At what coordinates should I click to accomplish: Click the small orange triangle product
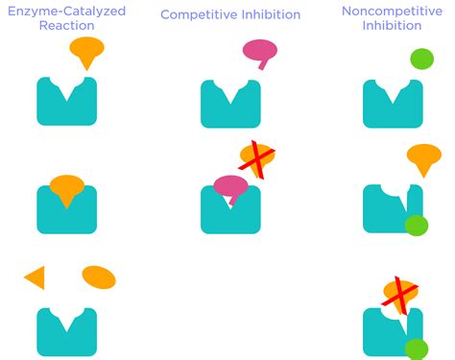(x=36, y=277)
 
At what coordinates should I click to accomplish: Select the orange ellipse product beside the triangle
(x=99, y=277)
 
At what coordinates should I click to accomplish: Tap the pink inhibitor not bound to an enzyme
(x=260, y=52)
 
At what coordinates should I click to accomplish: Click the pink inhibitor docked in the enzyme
(x=230, y=186)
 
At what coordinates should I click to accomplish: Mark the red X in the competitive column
(x=256, y=159)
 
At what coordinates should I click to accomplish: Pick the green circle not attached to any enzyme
(x=421, y=59)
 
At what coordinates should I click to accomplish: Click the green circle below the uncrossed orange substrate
(x=416, y=226)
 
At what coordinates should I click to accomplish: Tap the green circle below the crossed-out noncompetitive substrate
(x=416, y=348)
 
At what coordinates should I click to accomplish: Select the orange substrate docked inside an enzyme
(x=66, y=189)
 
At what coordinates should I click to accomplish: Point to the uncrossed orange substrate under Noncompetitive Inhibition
(x=423, y=157)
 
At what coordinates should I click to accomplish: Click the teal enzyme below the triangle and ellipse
(x=66, y=332)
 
